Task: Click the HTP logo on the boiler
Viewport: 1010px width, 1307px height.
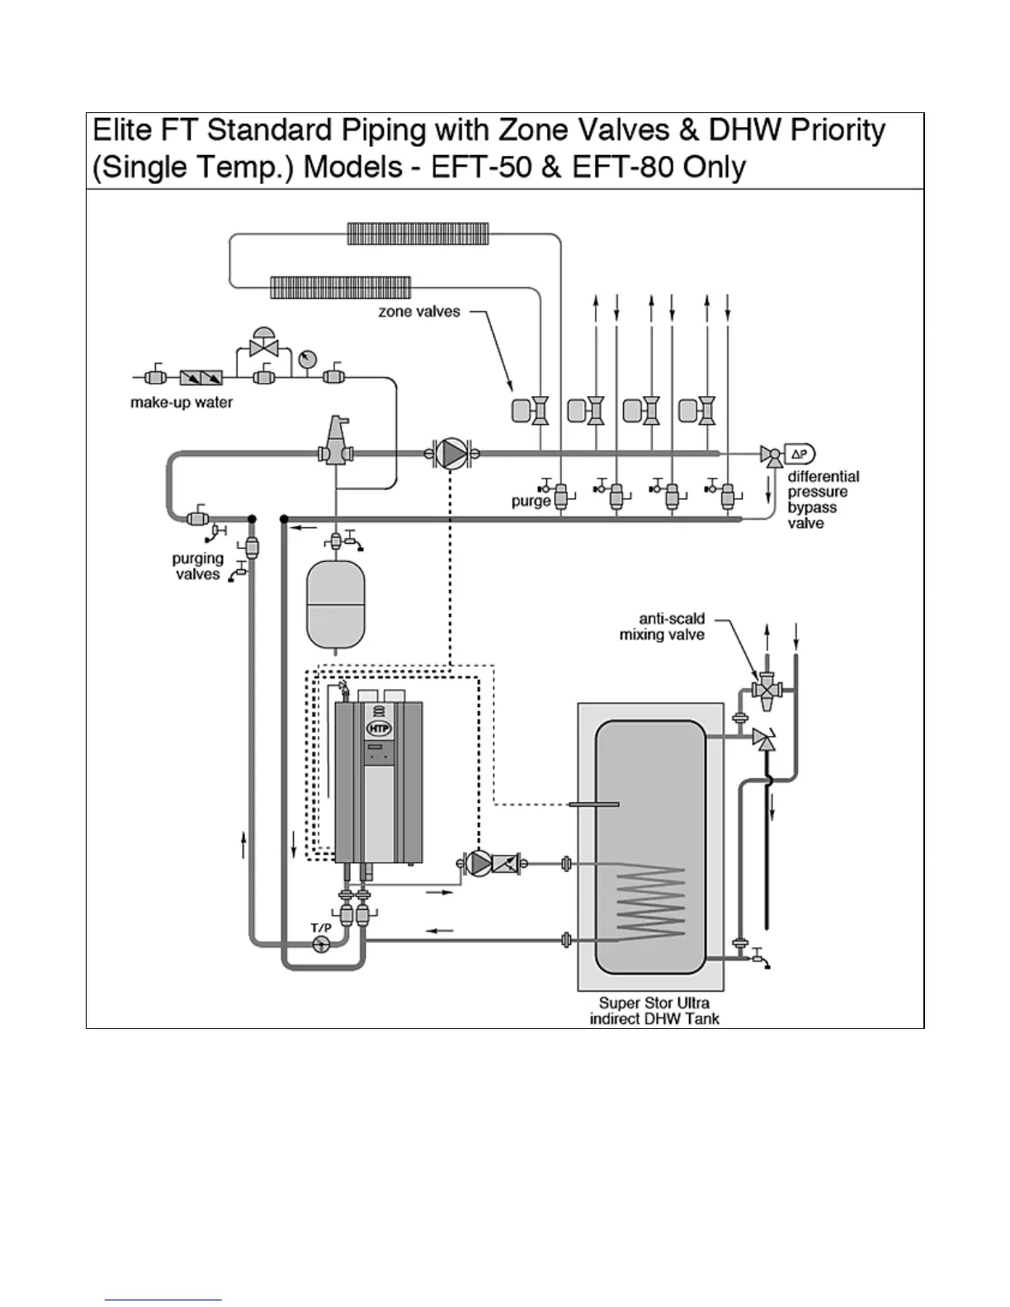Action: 379,729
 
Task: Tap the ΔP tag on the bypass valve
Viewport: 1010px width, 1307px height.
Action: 800,454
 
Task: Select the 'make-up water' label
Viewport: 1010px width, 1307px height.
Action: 182,403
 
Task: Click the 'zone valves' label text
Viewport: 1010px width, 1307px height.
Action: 419,312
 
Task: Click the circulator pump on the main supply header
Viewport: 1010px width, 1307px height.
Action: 451,454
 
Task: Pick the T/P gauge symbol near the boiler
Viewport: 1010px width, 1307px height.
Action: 321,944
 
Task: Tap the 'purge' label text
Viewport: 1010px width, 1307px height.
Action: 531,501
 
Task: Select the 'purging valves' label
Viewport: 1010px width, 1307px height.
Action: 198,566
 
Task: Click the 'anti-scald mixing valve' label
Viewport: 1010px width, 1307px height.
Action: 663,626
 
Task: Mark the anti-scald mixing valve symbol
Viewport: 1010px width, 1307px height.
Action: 767,690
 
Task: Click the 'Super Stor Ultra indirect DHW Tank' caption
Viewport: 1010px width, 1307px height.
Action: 654,1011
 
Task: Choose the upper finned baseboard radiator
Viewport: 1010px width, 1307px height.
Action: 418,234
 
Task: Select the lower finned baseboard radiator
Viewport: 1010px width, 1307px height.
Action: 341,287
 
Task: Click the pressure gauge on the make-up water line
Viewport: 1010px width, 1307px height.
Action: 308,359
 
